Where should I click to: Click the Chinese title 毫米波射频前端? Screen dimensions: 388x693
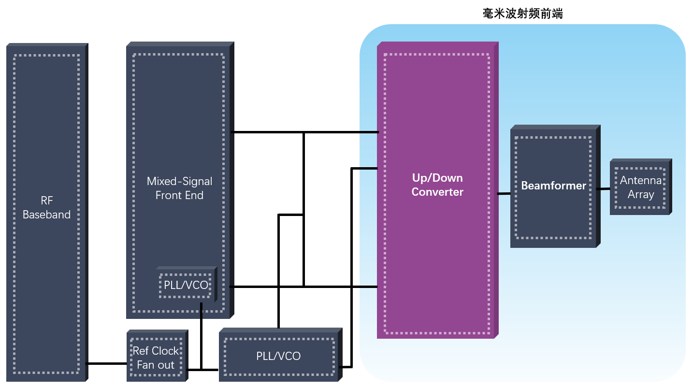click(522, 14)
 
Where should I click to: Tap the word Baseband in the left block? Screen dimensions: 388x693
click(46, 215)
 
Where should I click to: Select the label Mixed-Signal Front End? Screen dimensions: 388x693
click(179, 188)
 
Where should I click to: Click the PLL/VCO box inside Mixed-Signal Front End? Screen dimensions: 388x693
click(186, 285)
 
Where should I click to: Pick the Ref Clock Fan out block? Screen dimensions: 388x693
click(156, 358)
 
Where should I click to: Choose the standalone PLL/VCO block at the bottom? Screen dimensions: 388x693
click(278, 356)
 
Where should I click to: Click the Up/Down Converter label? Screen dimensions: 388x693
click(437, 185)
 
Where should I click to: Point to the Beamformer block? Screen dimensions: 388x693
click(553, 186)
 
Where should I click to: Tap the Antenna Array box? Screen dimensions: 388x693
click(641, 187)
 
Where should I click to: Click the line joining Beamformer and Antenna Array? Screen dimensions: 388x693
click(604, 189)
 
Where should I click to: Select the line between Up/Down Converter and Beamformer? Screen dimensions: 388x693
click(504, 194)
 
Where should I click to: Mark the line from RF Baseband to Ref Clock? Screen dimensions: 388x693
click(107, 363)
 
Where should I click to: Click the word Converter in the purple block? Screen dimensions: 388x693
click(437, 192)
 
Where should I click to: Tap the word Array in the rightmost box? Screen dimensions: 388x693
click(641, 195)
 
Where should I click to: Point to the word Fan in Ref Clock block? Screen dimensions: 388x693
click(145, 365)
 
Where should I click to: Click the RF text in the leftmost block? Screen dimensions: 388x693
click(46, 201)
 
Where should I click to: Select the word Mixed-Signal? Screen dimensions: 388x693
click(179, 182)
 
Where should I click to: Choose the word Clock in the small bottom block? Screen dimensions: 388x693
click(165, 351)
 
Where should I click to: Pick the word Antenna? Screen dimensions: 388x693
click(641, 181)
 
